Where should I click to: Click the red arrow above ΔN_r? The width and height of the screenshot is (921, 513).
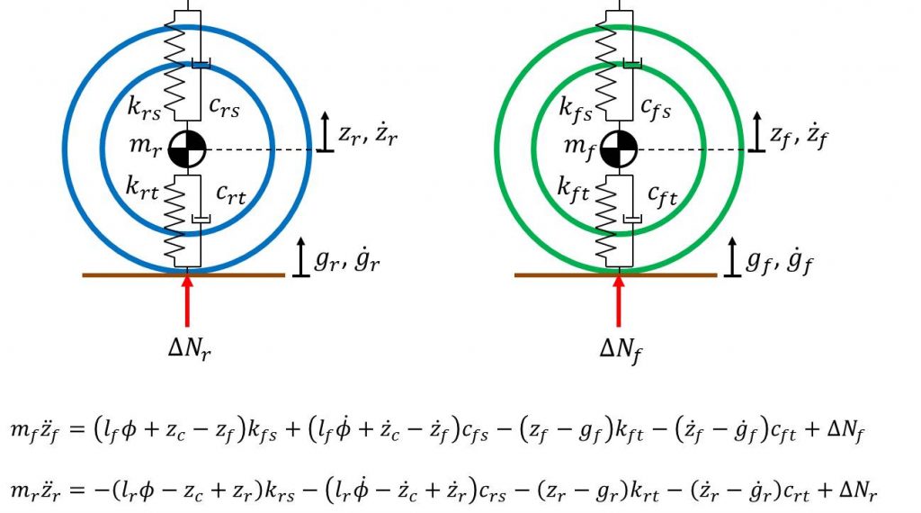[187, 301]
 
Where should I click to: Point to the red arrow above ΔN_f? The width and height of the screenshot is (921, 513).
[618, 301]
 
